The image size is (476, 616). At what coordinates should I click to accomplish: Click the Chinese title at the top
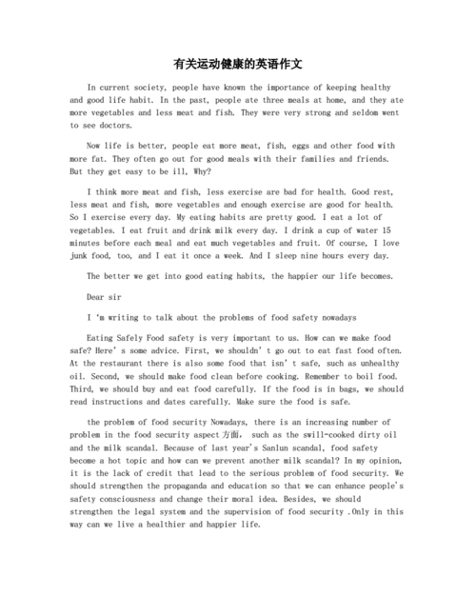click(237, 63)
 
